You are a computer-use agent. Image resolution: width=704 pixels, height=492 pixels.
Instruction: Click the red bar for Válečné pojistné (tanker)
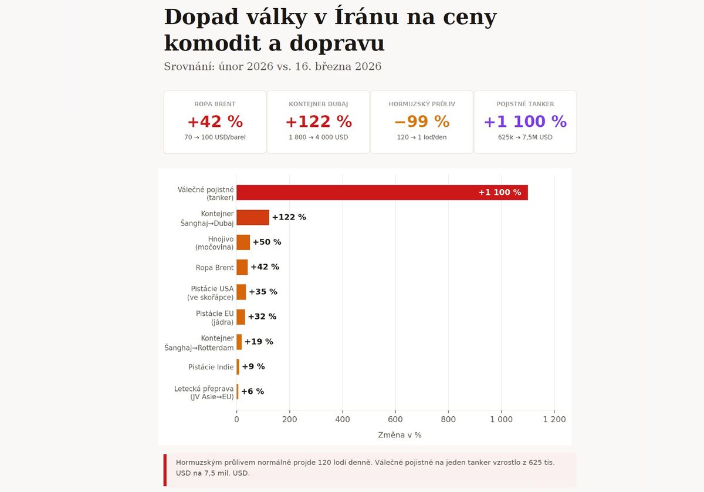(x=382, y=193)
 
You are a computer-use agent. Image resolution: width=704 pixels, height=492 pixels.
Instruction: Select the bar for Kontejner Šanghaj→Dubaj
(x=253, y=217)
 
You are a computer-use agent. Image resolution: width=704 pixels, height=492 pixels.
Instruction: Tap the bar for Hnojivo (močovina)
(x=243, y=242)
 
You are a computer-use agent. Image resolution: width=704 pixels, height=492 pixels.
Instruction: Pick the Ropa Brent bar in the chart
(x=242, y=267)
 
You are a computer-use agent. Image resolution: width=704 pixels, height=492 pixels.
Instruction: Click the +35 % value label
(x=263, y=292)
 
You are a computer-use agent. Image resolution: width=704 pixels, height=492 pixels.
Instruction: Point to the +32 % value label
(x=262, y=316)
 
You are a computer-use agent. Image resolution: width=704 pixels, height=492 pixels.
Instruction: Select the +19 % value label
(x=259, y=342)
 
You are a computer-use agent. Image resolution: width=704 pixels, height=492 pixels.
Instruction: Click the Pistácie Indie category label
(x=211, y=367)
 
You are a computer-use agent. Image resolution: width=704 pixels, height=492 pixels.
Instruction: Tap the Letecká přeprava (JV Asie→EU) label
(x=204, y=392)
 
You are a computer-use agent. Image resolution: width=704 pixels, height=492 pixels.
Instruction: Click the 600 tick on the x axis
(x=395, y=419)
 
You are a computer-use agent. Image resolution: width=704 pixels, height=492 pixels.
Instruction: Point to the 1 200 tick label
(x=554, y=419)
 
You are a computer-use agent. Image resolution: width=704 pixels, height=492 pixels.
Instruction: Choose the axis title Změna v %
(x=400, y=435)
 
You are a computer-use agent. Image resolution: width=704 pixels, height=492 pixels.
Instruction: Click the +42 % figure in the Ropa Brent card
(x=215, y=122)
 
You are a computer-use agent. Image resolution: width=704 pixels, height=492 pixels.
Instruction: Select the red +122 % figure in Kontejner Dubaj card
(x=319, y=122)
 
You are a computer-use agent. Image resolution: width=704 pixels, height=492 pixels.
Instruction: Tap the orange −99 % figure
(x=422, y=122)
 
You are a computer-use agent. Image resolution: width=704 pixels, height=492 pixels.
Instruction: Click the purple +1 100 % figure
(x=525, y=122)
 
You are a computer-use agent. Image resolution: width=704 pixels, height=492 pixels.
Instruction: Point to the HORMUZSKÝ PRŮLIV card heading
(x=422, y=104)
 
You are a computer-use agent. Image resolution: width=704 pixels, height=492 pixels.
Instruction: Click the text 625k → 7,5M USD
(x=525, y=137)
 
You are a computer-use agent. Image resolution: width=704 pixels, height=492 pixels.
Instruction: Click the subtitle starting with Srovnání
(x=273, y=66)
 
